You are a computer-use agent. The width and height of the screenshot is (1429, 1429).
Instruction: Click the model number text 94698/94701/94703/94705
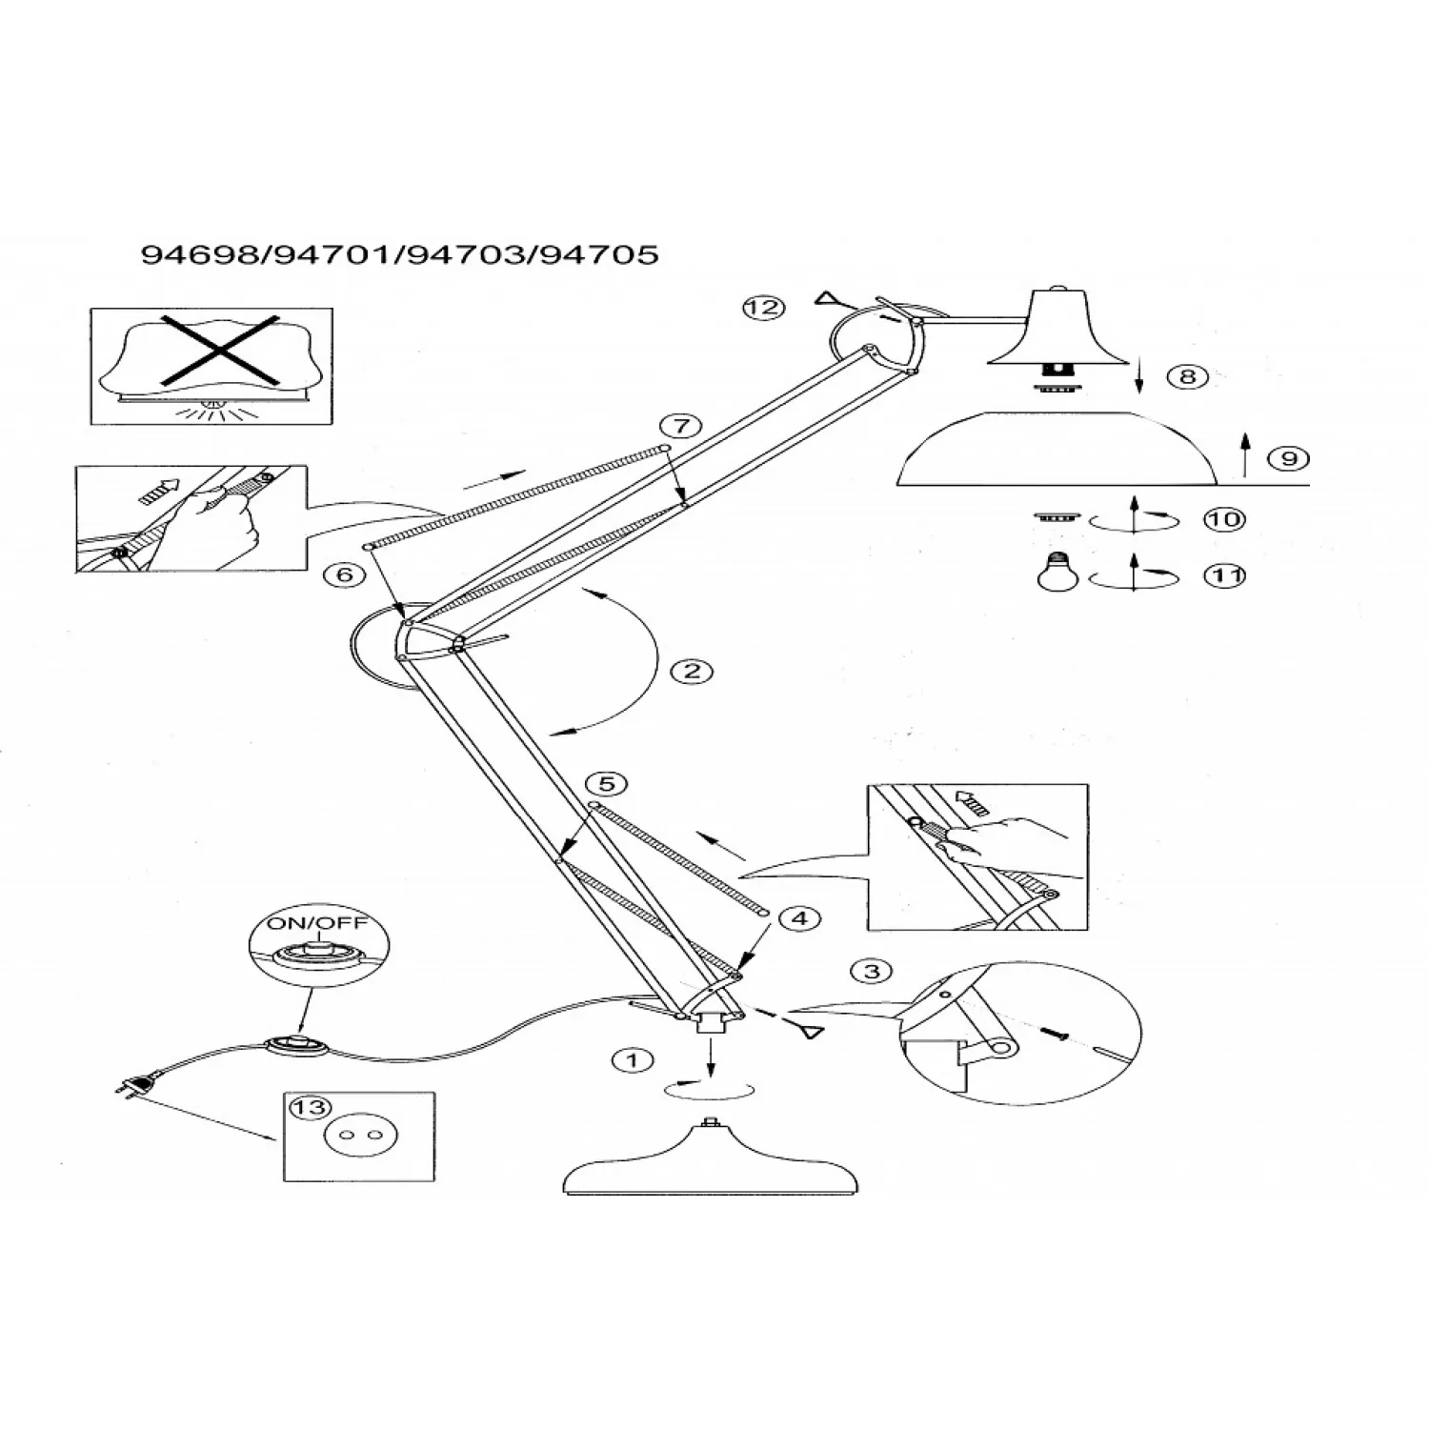pos(400,254)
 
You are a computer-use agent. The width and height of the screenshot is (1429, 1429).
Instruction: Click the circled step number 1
pos(634,1060)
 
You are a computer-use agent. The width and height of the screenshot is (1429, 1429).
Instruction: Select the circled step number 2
pos(693,672)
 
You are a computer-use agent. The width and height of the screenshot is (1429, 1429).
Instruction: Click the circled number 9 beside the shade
pos(1289,459)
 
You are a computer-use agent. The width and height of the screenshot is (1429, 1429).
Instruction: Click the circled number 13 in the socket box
pos(309,1108)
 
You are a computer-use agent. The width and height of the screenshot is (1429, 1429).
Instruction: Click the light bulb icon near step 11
pos(1055,574)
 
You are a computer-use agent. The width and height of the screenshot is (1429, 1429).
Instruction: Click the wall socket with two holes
pos(359,1136)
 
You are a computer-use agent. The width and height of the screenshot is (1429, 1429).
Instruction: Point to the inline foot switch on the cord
pos(297,1044)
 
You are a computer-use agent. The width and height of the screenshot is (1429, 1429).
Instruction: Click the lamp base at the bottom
pos(713,1160)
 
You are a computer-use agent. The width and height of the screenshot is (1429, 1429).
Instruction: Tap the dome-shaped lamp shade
pos(1057,449)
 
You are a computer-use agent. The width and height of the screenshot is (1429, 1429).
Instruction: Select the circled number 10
pos(1225,519)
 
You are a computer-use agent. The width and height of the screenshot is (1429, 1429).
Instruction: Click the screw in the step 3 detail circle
pos(1056,1032)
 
